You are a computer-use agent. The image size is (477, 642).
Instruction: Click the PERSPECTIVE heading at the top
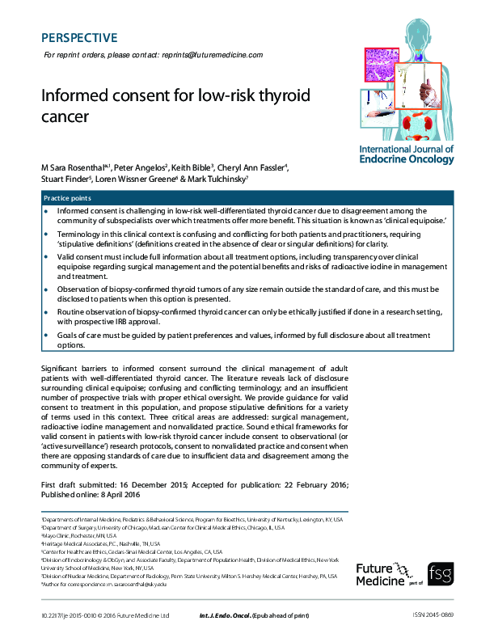[x=78, y=38]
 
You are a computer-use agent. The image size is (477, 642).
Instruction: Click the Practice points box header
[x=67, y=198]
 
